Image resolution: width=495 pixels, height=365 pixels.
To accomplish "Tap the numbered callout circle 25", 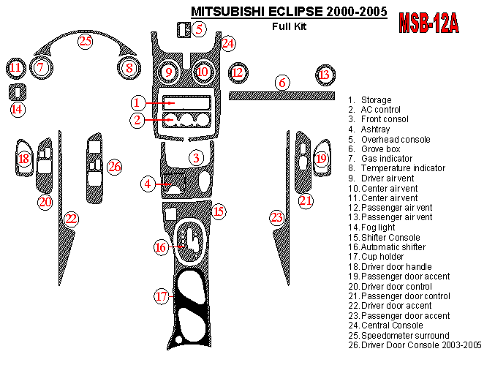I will pos(86,41).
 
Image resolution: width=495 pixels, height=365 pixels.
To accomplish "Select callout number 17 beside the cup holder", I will pos(161,296).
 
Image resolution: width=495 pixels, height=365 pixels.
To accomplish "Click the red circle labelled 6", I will pos(281,83).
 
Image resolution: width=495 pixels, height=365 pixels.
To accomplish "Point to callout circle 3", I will pos(196,157).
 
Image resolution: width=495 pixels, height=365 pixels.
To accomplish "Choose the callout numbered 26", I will pos(114,167).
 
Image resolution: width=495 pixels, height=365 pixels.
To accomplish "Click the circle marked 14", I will pos(17,109).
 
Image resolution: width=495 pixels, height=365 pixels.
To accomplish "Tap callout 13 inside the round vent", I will pos(325,75).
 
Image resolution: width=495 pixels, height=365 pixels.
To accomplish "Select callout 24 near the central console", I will pos(229,44).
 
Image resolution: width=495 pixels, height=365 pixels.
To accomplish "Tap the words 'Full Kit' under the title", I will pos(289,27).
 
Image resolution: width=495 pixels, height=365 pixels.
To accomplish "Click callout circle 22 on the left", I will pos(71,218).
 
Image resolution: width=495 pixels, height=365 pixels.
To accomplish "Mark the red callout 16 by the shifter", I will pos(161,247).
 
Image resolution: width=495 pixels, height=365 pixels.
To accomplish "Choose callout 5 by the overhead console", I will pos(200,29).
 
